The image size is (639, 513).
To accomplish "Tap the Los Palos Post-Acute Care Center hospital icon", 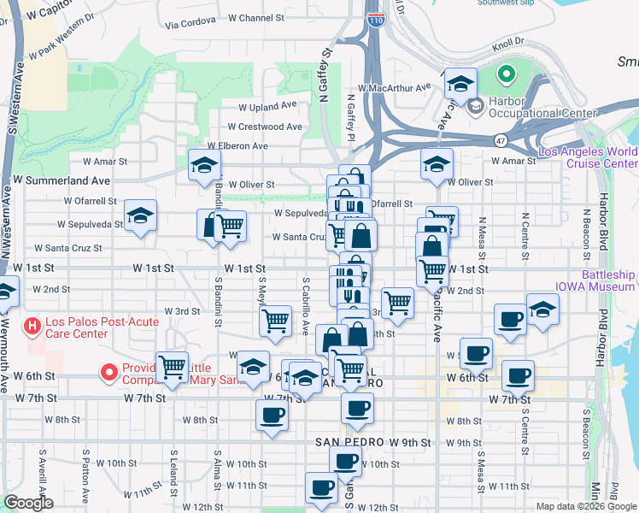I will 32,326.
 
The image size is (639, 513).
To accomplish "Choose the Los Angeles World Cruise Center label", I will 588,157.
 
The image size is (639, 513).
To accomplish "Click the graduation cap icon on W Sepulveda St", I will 140,216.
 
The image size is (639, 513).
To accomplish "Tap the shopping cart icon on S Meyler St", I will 275,321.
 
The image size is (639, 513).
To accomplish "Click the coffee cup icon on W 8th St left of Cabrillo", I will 272,414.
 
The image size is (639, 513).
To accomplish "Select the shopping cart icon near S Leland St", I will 172,366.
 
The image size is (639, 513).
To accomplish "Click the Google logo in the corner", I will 28,503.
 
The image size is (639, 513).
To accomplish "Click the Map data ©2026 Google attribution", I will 586,506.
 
